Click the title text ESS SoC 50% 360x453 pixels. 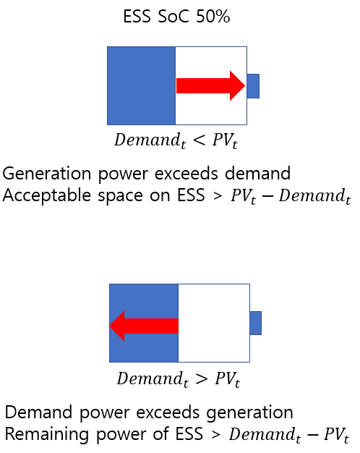(x=176, y=16)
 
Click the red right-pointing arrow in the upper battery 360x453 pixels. (x=211, y=85)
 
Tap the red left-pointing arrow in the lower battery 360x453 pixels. (x=144, y=326)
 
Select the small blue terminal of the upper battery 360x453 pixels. (x=253, y=86)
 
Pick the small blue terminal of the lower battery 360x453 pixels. (x=256, y=323)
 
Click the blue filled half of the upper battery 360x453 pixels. (x=141, y=86)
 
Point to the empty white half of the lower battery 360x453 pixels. (x=214, y=323)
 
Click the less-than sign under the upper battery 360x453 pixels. (x=200, y=140)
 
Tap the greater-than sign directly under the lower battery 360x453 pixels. (x=202, y=378)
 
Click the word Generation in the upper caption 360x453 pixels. (x=47, y=174)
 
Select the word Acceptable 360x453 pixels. (x=47, y=195)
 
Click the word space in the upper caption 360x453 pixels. (x=121, y=196)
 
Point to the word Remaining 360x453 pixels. (x=46, y=434)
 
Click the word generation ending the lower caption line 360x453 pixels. (x=249, y=412)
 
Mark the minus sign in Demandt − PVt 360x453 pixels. (x=312, y=434)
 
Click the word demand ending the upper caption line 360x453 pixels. (x=257, y=173)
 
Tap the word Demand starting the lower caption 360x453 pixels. (x=39, y=412)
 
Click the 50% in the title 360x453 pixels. (x=213, y=16)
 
